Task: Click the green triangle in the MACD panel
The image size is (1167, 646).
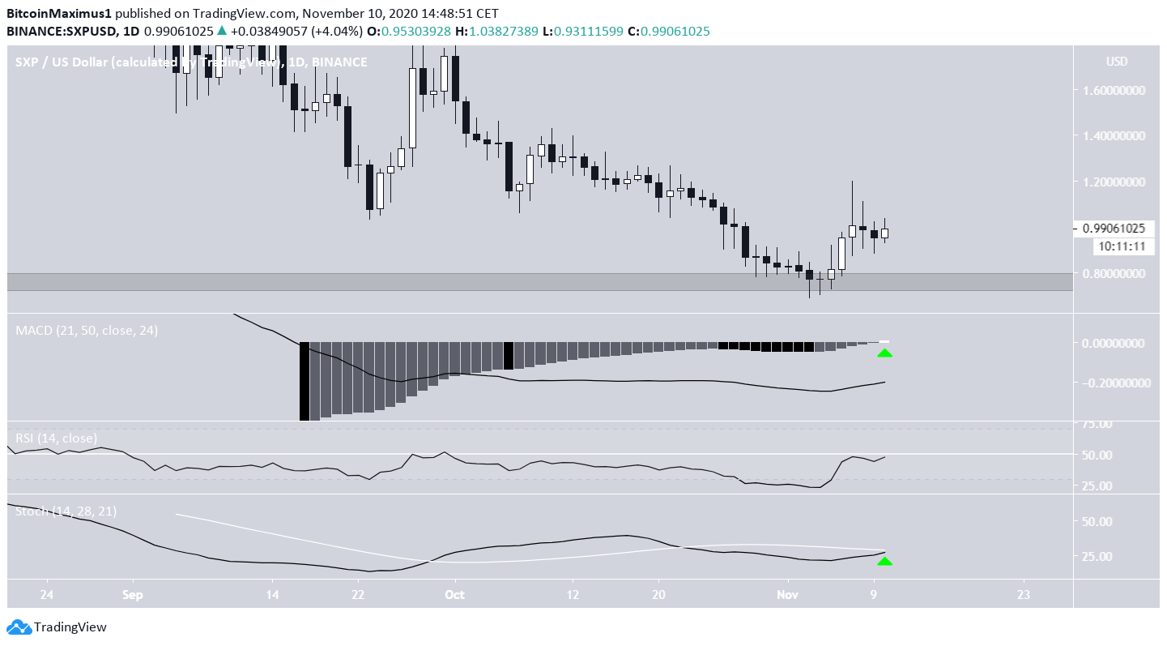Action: pyautogui.click(x=884, y=353)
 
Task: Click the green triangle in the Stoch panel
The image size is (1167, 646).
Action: pyautogui.click(x=884, y=561)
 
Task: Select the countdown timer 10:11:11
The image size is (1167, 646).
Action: pyautogui.click(x=1121, y=246)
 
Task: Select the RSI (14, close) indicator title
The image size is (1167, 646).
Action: pyautogui.click(x=56, y=439)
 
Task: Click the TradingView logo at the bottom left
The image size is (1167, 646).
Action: pyautogui.click(x=57, y=627)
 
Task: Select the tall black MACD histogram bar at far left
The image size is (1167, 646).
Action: pyautogui.click(x=305, y=381)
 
